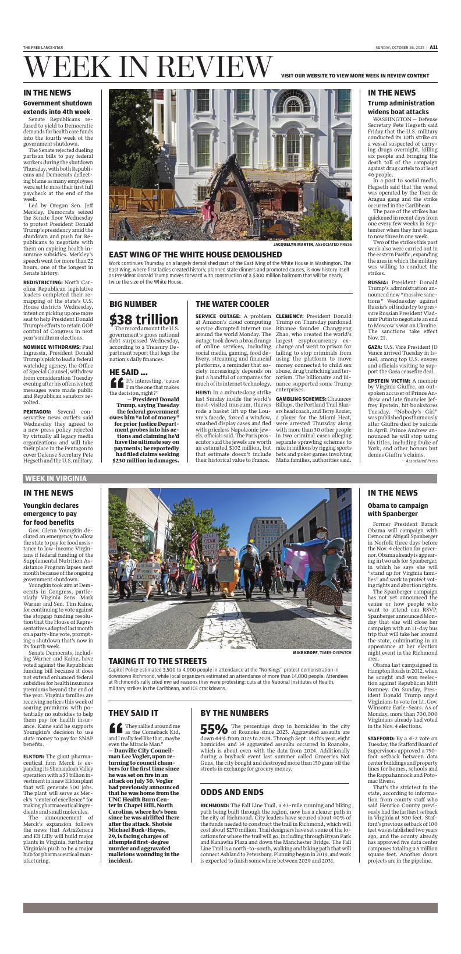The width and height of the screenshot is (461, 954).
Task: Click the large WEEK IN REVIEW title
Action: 148,67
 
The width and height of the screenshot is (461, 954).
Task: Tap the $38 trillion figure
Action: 144,319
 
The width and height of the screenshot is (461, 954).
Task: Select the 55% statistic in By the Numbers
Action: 214,729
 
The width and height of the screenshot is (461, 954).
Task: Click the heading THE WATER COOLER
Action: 232,304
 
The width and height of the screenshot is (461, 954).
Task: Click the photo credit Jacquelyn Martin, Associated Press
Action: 313,245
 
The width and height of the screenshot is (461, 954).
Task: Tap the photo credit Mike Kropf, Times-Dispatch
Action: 322,653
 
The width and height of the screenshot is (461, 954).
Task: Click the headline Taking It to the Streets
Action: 158,661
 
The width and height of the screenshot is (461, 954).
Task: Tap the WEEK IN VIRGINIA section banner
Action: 56,479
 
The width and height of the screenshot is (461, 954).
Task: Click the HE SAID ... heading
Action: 128,372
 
